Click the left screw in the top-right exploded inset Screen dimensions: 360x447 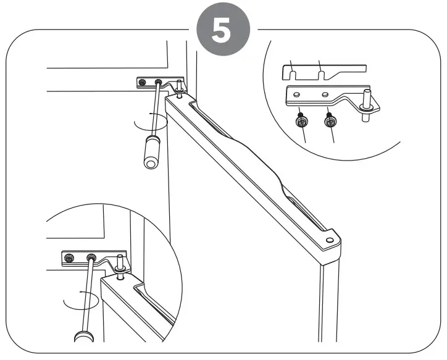click(x=301, y=122)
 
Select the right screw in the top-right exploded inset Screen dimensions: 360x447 click(x=331, y=122)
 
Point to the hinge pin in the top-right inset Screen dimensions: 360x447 click(x=367, y=99)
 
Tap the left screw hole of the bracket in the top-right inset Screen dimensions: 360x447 click(x=299, y=94)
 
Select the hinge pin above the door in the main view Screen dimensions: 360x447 click(x=179, y=88)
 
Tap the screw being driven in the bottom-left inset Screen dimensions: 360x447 click(x=91, y=257)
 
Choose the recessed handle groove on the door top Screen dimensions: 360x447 click(x=247, y=161)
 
